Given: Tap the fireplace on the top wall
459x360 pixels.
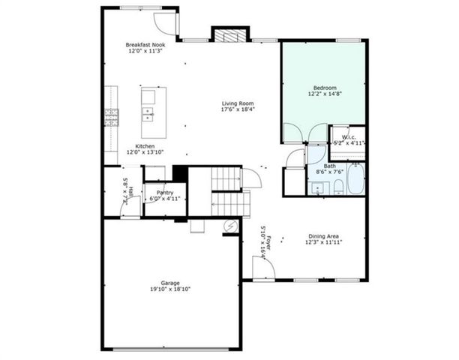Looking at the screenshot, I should (228, 34).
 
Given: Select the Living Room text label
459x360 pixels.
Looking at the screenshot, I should (237, 103).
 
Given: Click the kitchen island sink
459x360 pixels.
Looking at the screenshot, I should (148, 114).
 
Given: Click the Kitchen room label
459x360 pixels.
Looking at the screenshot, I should (145, 145).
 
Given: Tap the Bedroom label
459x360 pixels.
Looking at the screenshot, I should (323, 88).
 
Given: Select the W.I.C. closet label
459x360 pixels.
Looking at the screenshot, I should (348, 137).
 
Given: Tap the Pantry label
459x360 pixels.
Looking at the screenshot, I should (164, 193).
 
